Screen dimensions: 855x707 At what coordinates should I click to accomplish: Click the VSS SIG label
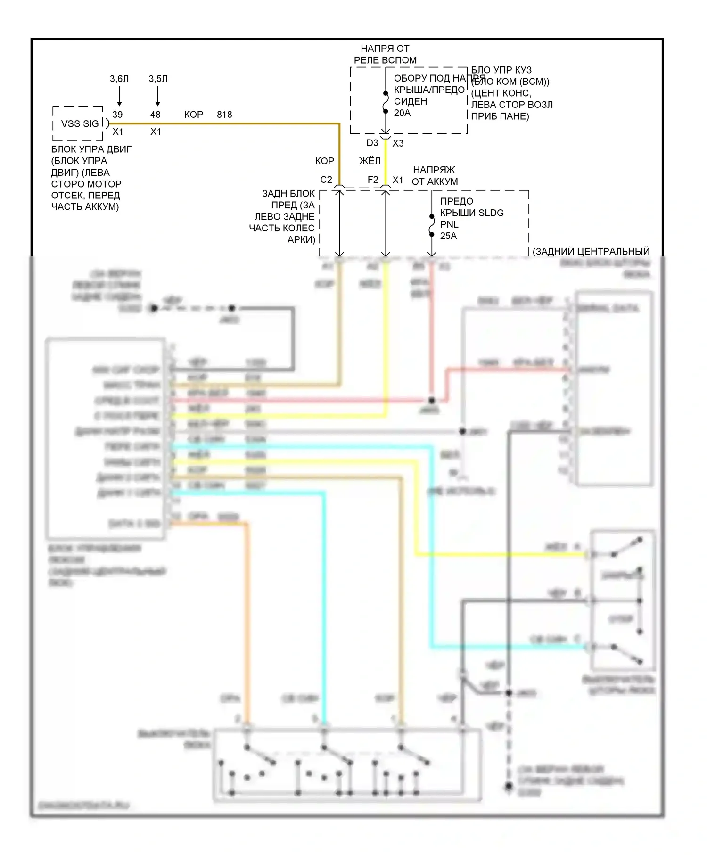pos(80,124)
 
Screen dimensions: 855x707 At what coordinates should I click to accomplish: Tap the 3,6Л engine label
pos(119,79)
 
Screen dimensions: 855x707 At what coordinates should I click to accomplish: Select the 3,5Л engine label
pos(158,79)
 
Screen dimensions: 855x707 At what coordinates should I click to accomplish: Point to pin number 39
pos(117,115)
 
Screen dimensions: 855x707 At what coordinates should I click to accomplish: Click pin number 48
pos(156,115)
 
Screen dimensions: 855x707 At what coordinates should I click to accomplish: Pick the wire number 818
pos(224,115)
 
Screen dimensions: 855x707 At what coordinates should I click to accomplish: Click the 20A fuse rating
pos(402,113)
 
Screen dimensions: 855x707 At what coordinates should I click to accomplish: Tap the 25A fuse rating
pos(448,236)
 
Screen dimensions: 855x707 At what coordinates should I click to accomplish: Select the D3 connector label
pos(372,143)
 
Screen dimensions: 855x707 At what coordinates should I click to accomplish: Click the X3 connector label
pos(398,143)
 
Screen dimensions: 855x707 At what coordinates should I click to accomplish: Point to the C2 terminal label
pos(326,180)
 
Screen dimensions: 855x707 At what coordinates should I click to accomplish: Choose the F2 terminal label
pos(373,180)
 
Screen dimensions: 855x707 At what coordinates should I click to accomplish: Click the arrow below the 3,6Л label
pos(119,98)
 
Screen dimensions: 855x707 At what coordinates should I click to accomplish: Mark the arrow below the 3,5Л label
pos(157,98)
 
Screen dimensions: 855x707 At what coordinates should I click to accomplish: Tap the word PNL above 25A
pos(449,224)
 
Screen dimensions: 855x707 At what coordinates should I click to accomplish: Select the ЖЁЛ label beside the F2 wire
pos(370,161)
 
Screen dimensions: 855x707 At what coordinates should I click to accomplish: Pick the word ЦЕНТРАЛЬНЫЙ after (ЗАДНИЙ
pos(613,252)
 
